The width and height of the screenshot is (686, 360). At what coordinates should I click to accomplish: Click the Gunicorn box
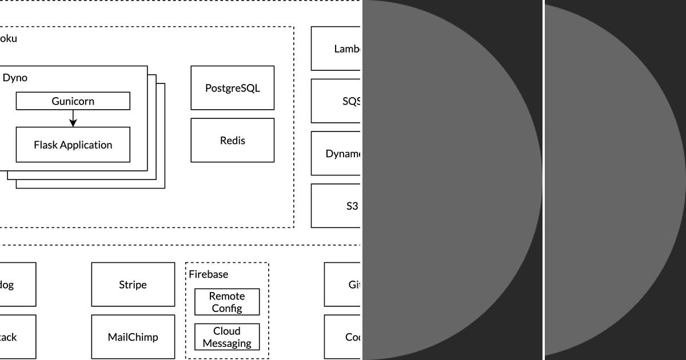tap(73, 101)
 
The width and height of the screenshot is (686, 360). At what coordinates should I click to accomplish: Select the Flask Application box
tap(73, 145)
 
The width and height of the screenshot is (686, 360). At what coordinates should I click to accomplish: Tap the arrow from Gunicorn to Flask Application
tap(73, 118)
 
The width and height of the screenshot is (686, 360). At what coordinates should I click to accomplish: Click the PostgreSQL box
tap(232, 88)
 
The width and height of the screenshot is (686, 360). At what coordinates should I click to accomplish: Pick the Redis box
tap(232, 141)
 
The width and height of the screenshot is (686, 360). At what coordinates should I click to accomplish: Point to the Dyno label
tap(15, 78)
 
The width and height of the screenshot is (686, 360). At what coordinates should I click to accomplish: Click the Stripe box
tap(133, 285)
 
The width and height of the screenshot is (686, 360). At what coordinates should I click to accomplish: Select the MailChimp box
tap(133, 337)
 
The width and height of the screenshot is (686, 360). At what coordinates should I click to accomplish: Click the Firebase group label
tap(209, 274)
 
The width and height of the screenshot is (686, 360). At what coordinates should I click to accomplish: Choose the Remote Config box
tap(227, 302)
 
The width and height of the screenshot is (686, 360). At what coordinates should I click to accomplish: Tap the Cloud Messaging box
tap(227, 337)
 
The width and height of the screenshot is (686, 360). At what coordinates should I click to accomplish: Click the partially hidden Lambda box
tap(336, 49)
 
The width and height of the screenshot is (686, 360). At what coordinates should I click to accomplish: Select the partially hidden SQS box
tap(336, 101)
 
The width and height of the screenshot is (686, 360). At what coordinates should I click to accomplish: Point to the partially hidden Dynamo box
tap(336, 154)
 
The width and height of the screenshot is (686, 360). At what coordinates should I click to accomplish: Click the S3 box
tap(336, 206)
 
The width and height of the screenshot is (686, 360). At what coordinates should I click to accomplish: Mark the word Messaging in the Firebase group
tap(227, 343)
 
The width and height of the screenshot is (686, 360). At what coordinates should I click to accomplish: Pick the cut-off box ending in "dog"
tap(17, 285)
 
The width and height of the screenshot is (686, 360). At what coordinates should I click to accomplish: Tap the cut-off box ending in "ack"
tap(17, 337)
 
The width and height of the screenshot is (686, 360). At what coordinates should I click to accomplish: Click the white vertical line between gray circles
tap(544, 180)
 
